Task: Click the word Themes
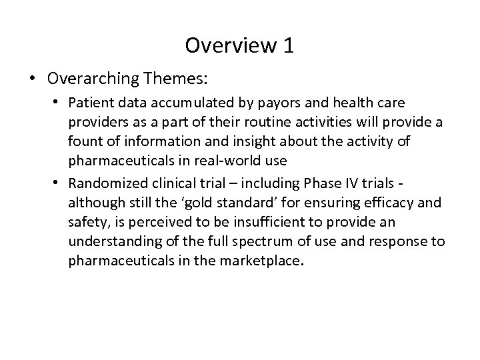[x=174, y=79]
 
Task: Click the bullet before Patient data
[x=59, y=103]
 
